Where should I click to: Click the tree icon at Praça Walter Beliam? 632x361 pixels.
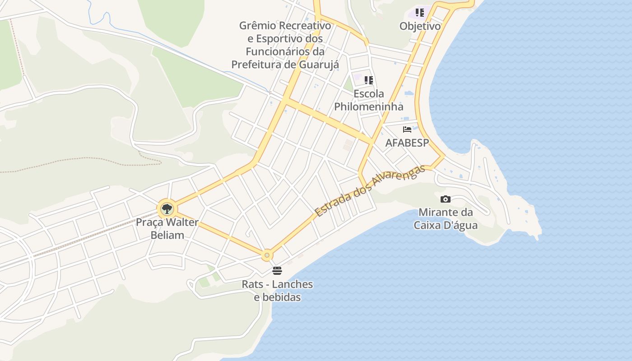[x=167, y=209]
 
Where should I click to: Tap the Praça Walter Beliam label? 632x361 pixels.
[x=167, y=229]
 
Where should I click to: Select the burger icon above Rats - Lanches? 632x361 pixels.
[x=277, y=271]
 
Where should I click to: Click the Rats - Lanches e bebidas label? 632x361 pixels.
[x=277, y=291]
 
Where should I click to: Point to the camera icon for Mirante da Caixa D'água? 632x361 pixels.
[x=446, y=199]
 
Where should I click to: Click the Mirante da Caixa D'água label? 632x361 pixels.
[x=446, y=218]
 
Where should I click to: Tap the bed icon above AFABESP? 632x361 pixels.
[x=407, y=130]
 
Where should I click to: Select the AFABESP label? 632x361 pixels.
[x=407, y=143]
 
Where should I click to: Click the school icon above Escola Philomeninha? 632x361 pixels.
[x=369, y=80]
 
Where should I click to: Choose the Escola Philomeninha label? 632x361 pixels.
[x=368, y=100]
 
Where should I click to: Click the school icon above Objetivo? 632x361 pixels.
[x=420, y=13]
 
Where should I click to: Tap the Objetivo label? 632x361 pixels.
[x=420, y=26]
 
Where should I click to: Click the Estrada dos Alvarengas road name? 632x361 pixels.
[x=370, y=191]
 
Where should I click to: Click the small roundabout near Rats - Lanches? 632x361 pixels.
[x=267, y=255]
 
